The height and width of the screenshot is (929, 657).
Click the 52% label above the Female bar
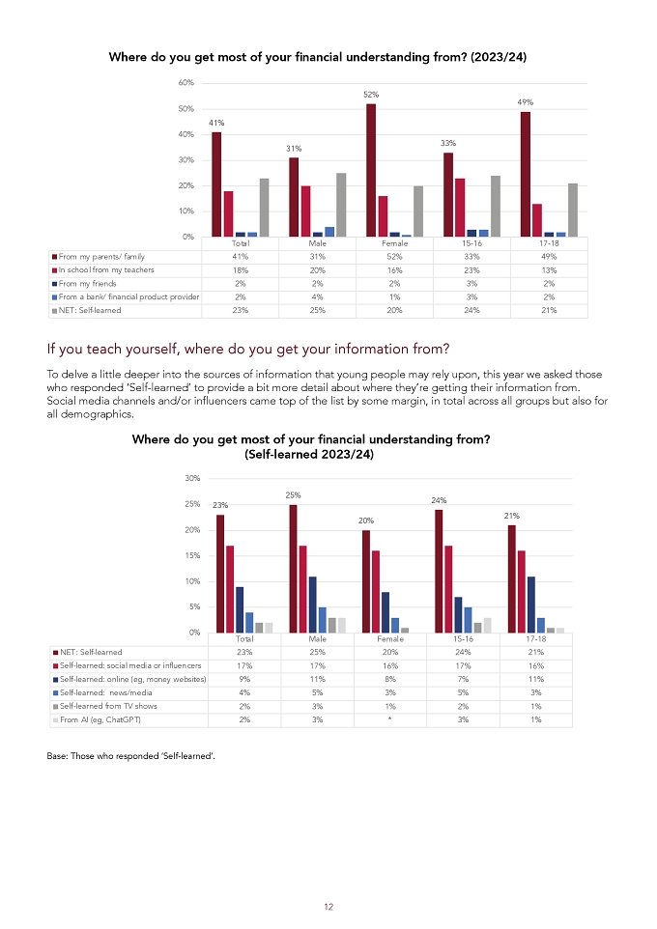coord(371,95)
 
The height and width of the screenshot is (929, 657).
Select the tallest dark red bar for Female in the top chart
coord(371,171)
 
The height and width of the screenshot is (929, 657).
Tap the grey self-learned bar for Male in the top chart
coord(341,205)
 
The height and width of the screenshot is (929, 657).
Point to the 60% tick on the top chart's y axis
coord(186,83)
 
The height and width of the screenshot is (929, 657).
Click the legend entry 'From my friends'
coord(87,284)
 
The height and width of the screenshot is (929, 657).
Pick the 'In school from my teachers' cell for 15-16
coord(472,270)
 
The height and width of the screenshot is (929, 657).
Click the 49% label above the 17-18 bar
coord(526,102)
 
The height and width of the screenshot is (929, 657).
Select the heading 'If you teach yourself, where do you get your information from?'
coord(248,349)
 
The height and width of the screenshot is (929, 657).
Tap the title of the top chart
coord(318,57)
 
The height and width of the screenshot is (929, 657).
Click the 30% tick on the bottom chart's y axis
coord(192,478)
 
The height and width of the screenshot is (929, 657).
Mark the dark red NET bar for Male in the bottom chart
coord(293,569)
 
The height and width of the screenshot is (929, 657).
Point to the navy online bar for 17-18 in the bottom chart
coord(531,605)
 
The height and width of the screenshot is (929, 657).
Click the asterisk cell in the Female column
coord(390,719)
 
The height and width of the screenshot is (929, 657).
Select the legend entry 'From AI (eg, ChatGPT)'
coord(100,719)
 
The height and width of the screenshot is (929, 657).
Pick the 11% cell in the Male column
coord(318,680)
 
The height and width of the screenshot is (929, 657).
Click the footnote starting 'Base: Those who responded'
coord(131,756)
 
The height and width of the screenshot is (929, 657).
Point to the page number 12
coord(328,907)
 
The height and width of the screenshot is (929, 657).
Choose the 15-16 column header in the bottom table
coord(463,639)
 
